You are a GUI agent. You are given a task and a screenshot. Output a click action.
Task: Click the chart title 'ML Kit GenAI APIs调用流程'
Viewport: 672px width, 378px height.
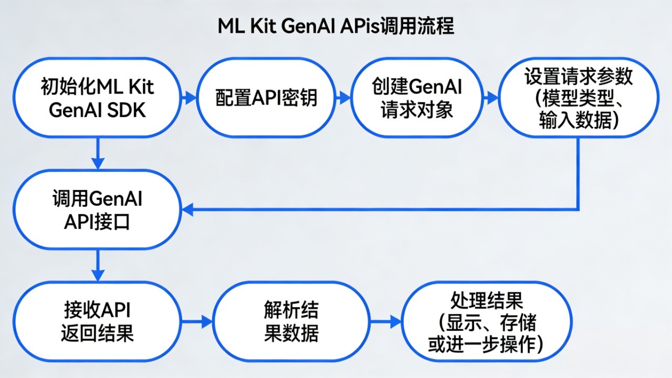coord(336,26)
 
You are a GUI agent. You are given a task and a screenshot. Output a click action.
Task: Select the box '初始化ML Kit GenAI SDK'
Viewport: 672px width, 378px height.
coord(98,98)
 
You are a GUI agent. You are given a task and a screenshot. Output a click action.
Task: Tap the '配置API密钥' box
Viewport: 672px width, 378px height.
coord(267,98)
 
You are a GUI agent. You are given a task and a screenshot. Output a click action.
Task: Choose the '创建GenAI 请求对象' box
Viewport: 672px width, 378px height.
coord(417,98)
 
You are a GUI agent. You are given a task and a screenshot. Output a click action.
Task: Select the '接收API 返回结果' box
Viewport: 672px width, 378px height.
coord(98,321)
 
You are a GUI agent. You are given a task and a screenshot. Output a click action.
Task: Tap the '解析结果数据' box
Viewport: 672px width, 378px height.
coord(291,321)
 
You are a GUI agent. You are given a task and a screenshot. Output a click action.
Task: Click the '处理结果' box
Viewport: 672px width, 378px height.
coord(486,321)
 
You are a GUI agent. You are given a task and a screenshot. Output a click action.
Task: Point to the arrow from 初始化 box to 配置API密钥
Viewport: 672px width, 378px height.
coord(187,98)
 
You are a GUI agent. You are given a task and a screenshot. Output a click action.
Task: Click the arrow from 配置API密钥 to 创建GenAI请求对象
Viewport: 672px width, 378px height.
coord(343,98)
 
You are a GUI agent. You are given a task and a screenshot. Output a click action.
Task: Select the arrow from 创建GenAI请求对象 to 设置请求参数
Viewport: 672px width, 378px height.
coord(491,98)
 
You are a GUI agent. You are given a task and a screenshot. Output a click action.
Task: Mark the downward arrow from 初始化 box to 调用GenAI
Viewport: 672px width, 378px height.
coord(98,155)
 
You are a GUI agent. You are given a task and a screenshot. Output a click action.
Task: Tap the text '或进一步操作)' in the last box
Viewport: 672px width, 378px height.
coord(486,344)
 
